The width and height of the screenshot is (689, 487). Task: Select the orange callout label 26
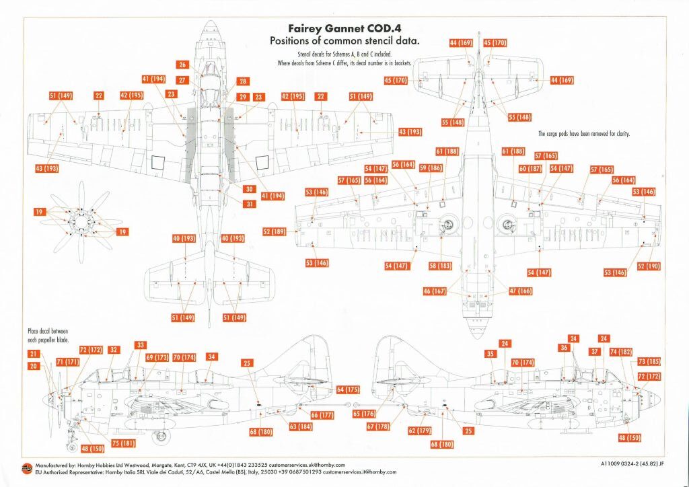182,65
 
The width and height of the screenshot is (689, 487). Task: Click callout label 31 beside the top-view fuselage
250,204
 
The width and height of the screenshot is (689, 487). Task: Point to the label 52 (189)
275,232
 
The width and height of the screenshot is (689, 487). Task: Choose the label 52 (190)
650,266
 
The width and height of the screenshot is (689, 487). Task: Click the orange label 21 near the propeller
34,354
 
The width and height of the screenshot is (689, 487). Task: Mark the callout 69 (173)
157,358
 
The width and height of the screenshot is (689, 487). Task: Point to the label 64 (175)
349,389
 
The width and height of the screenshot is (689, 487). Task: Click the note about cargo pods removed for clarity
583,134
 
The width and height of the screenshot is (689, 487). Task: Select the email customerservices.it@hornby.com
358,472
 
